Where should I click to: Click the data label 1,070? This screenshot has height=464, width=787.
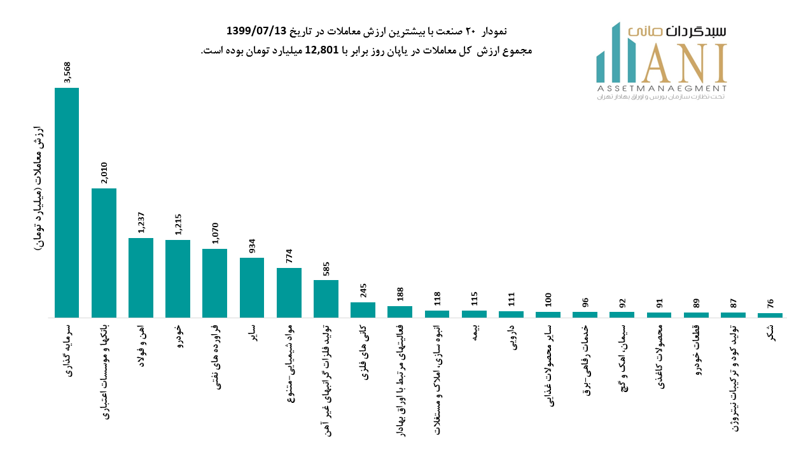click(214, 234)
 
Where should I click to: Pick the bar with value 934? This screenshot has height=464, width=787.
click(252, 287)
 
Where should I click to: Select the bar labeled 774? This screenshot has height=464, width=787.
click(289, 292)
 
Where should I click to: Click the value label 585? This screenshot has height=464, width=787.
click(326, 268)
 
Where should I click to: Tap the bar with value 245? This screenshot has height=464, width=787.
click(363, 309)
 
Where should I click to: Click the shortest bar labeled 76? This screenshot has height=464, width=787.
click(770, 314)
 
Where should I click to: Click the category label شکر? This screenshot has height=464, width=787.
click(770, 332)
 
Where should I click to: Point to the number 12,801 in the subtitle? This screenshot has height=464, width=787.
click(325, 51)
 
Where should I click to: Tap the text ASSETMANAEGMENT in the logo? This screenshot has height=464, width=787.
click(662, 88)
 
